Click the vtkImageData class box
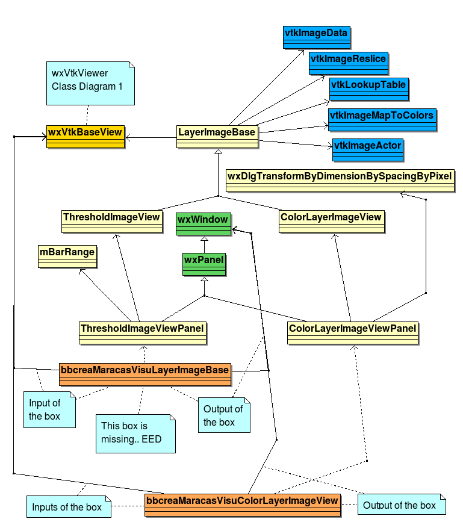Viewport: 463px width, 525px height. [316, 37]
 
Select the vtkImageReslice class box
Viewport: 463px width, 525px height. [349, 63]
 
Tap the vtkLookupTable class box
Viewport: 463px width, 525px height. [369, 89]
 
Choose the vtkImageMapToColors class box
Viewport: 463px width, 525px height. [382, 120]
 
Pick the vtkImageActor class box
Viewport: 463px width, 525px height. [368, 150]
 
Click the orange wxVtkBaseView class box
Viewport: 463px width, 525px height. [85, 137]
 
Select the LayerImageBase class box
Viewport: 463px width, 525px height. [217, 137]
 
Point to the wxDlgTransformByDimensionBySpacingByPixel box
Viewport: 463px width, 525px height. [340, 181]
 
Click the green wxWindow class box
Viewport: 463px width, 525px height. [204, 224]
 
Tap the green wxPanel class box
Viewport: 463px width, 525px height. [204, 264]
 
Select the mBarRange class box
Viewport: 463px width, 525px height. [67, 256]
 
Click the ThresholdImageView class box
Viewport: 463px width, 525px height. [112, 222]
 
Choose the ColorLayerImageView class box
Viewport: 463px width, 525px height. [331, 222]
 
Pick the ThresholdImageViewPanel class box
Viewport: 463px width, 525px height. [143, 333]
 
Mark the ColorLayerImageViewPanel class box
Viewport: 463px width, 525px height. [353, 333]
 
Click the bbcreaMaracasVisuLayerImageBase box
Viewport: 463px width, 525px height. [145, 374]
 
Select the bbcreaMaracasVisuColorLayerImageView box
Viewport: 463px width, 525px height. [243, 505]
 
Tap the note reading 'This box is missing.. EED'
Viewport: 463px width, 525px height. [135, 433]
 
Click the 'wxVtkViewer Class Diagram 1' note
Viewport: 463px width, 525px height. [90, 83]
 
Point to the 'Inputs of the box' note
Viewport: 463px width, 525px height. [69, 506]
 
